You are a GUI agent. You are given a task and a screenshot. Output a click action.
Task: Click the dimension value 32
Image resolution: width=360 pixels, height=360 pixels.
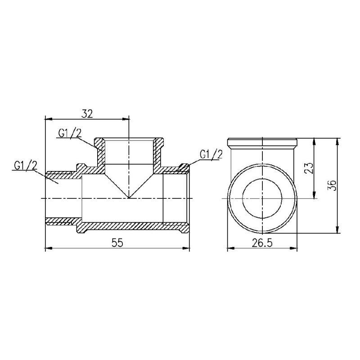pyautogui.click(x=87, y=113)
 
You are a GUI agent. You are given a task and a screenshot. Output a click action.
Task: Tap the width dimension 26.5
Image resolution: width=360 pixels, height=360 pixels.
pyautogui.click(x=262, y=243)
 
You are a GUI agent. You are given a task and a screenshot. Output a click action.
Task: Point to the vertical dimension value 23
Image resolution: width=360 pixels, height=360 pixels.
pyautogui.click(x=309, y=168)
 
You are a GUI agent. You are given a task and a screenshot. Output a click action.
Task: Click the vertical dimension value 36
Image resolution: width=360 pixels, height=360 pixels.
pyautogui.click(x=333, y=185)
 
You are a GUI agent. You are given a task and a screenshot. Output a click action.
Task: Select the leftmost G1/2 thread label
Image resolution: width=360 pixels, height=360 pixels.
pyautogui.click(x=25, y=165)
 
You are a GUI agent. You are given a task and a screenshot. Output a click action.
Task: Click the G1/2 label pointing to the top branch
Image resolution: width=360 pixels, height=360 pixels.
pyautogui.click(x=70, y=133)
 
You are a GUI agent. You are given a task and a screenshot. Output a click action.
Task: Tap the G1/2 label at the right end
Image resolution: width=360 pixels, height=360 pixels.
pyautogui.click(x=211, y=154)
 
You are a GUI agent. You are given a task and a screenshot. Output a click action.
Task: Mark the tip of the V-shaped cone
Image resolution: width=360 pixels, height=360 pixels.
pyautogui.click(x=129, y=198)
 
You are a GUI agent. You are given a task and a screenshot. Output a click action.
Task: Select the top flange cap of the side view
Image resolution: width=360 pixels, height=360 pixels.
pyautogui.click(x=262, y=144)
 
